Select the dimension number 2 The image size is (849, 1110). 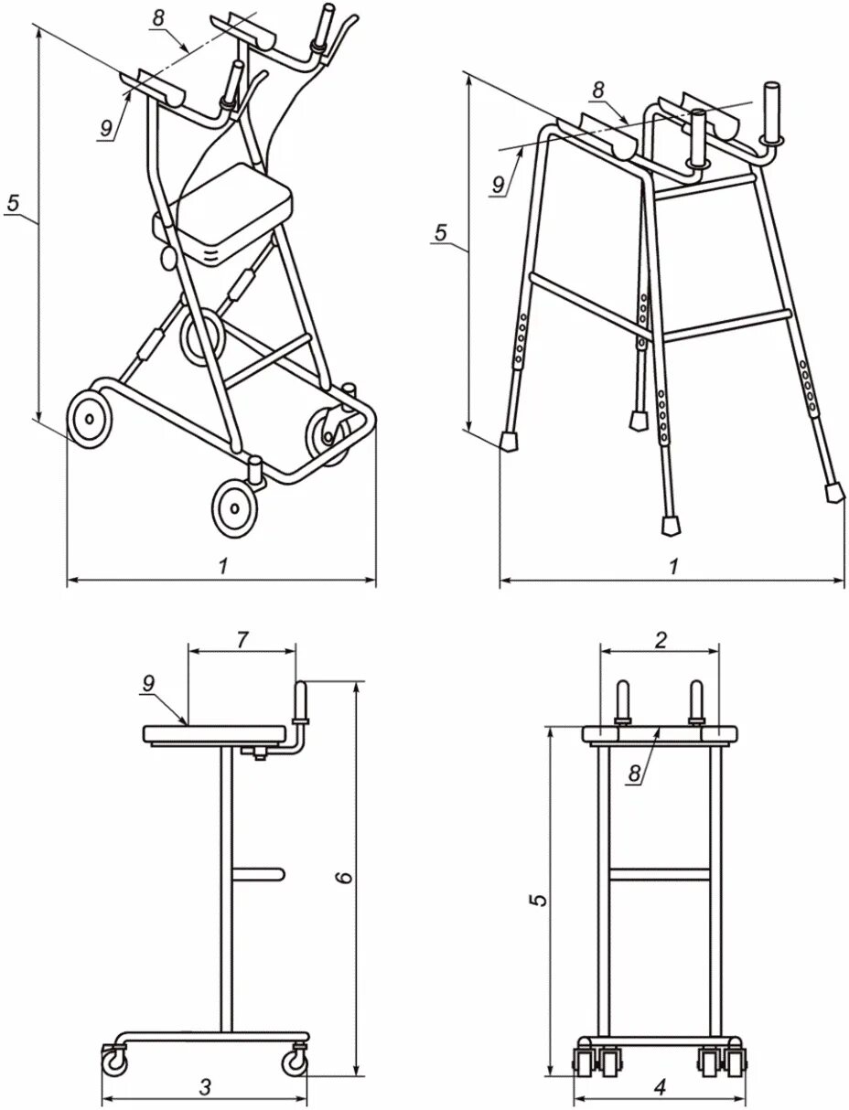[x=661, y=640]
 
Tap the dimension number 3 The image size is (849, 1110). [x=205, y=1087]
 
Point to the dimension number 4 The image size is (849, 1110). [x=661, y=1087]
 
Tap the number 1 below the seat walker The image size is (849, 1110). [x=222, y=567]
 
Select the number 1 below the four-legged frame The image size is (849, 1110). [x=673, y=567]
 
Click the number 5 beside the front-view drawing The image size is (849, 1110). [x=542, y=899]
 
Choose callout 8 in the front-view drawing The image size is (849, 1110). [x=634, y=774]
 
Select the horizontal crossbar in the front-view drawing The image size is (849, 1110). [x=661, y=874]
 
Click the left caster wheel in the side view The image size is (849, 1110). [x=114, y=1062]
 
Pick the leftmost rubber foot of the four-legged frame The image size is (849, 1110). [x=510, y=440]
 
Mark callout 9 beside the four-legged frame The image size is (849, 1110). [x=498, y=183]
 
